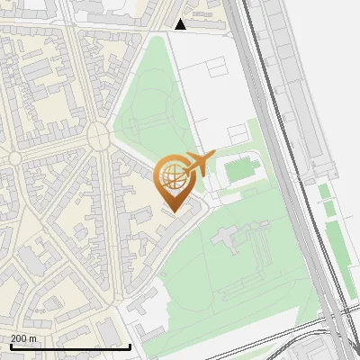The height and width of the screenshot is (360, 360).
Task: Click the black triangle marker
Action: coord(181,24)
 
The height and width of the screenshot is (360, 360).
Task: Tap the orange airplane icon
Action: coord(200,163)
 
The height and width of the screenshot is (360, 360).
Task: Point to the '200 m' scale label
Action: coord(23,338)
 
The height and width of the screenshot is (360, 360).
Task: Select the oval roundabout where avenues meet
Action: coord(98,136)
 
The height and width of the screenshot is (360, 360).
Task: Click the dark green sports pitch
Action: coord(240,169)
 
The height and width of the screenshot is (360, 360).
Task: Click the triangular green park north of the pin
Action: coord(153,99)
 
